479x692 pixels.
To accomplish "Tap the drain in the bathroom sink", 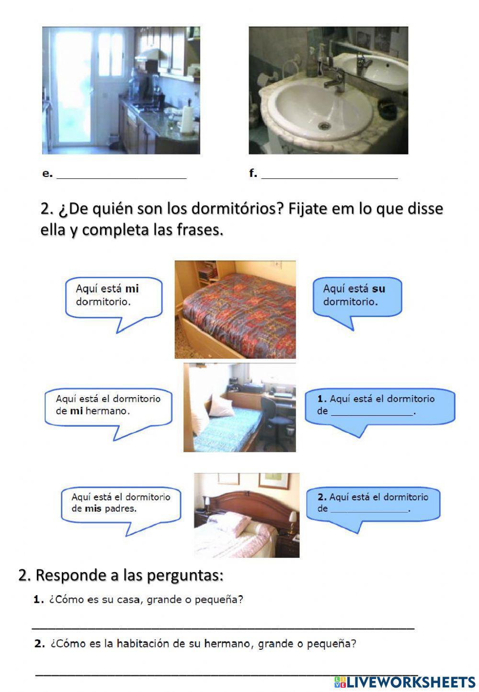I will (x=324, y=126).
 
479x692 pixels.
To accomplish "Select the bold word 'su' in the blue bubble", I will (x=378, y=289).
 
